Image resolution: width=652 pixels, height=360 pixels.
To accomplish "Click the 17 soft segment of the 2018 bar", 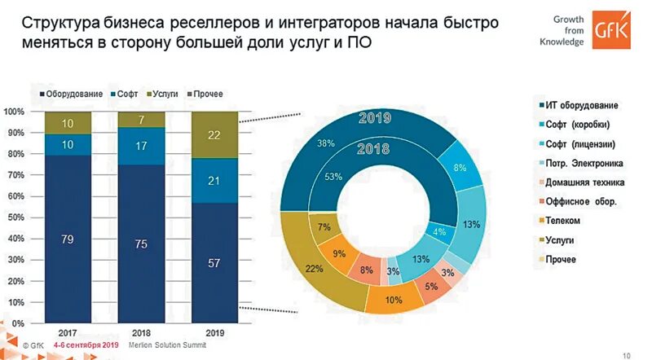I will click(x=140, y=147).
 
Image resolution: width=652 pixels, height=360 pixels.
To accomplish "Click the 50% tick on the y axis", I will click(x=14, y=217).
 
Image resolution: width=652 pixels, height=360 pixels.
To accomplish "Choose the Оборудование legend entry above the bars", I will click(x=72, y=94).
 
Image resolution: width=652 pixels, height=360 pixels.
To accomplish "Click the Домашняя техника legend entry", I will click(x=586, y=182).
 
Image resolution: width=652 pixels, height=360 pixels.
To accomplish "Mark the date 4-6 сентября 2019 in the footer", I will click(x=86, y=345).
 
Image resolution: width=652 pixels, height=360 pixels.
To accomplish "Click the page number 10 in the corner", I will click(x=626, y=353).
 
